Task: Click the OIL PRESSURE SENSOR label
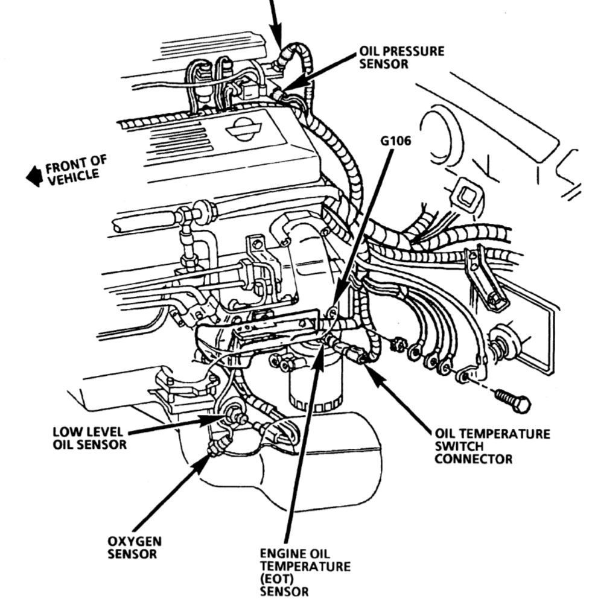tap(402, 57)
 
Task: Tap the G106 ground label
tap(395, 141)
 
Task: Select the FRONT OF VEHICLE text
tap(75, 170)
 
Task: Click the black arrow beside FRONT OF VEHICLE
tap(34, 177)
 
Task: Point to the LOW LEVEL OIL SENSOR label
tap(89, 438)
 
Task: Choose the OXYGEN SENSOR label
tap(134, 548)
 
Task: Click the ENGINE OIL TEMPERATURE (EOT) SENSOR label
tap(305, 571)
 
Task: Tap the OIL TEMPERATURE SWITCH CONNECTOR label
tap(492, 446)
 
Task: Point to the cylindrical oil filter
tap(316, 382)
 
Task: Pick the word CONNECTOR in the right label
tap(473, 458)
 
